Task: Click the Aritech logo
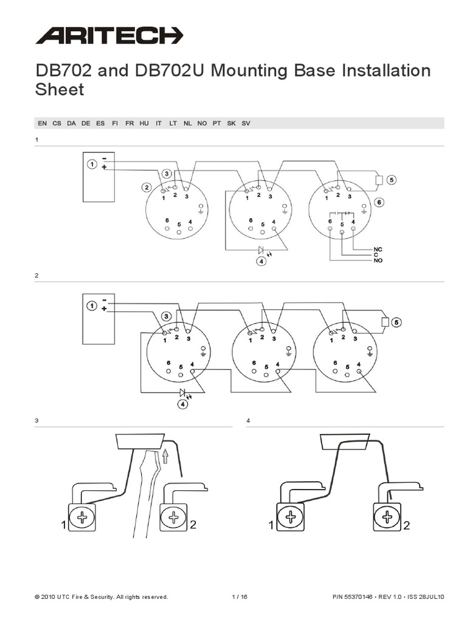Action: [109, 35]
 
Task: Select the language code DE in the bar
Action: [86, 123]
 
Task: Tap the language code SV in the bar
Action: [246, 123]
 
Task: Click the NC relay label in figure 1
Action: [378, 249]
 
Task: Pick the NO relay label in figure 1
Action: [378, 261]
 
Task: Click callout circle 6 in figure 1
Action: [379, 202]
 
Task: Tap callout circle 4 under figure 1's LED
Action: [261, 262]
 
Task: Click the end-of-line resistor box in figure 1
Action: [379, 180]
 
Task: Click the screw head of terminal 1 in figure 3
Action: [81, 518]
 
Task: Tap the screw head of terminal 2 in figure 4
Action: [386, 518]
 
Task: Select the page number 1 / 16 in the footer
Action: [240, 597]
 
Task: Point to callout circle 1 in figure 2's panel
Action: [91, 306]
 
